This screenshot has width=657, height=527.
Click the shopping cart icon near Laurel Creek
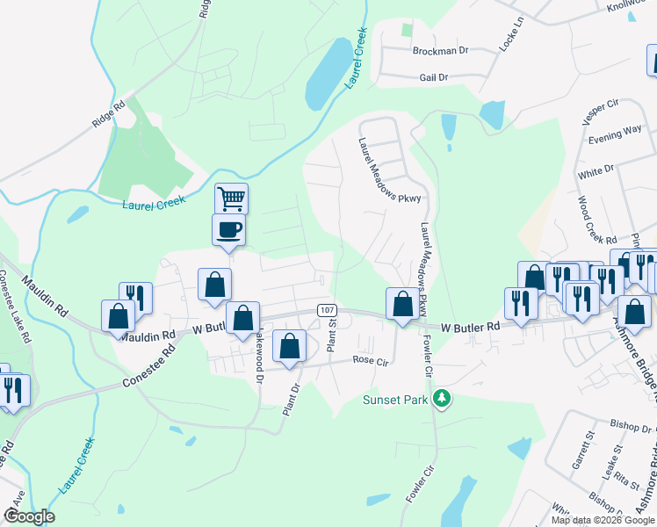click(x=231, y=199)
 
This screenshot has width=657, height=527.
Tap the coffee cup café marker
click(x=228, y=230)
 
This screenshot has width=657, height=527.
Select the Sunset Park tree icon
click(x=443, y=400)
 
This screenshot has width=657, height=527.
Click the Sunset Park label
click(x=395, y=401)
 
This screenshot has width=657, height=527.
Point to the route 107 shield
click(x=327, y=311)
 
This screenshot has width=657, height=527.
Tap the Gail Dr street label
click(x=433, y=77)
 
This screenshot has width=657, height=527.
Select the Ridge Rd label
click(x=109, y=116)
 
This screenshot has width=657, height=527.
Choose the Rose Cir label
click(x=370, y=361)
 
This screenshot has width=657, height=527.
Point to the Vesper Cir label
click(x=601, y=112)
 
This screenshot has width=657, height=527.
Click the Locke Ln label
click(x=511, y=32)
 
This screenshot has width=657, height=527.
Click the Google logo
click(x=29, y=516)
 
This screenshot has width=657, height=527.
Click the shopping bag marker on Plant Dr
click(x=290, y=347)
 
